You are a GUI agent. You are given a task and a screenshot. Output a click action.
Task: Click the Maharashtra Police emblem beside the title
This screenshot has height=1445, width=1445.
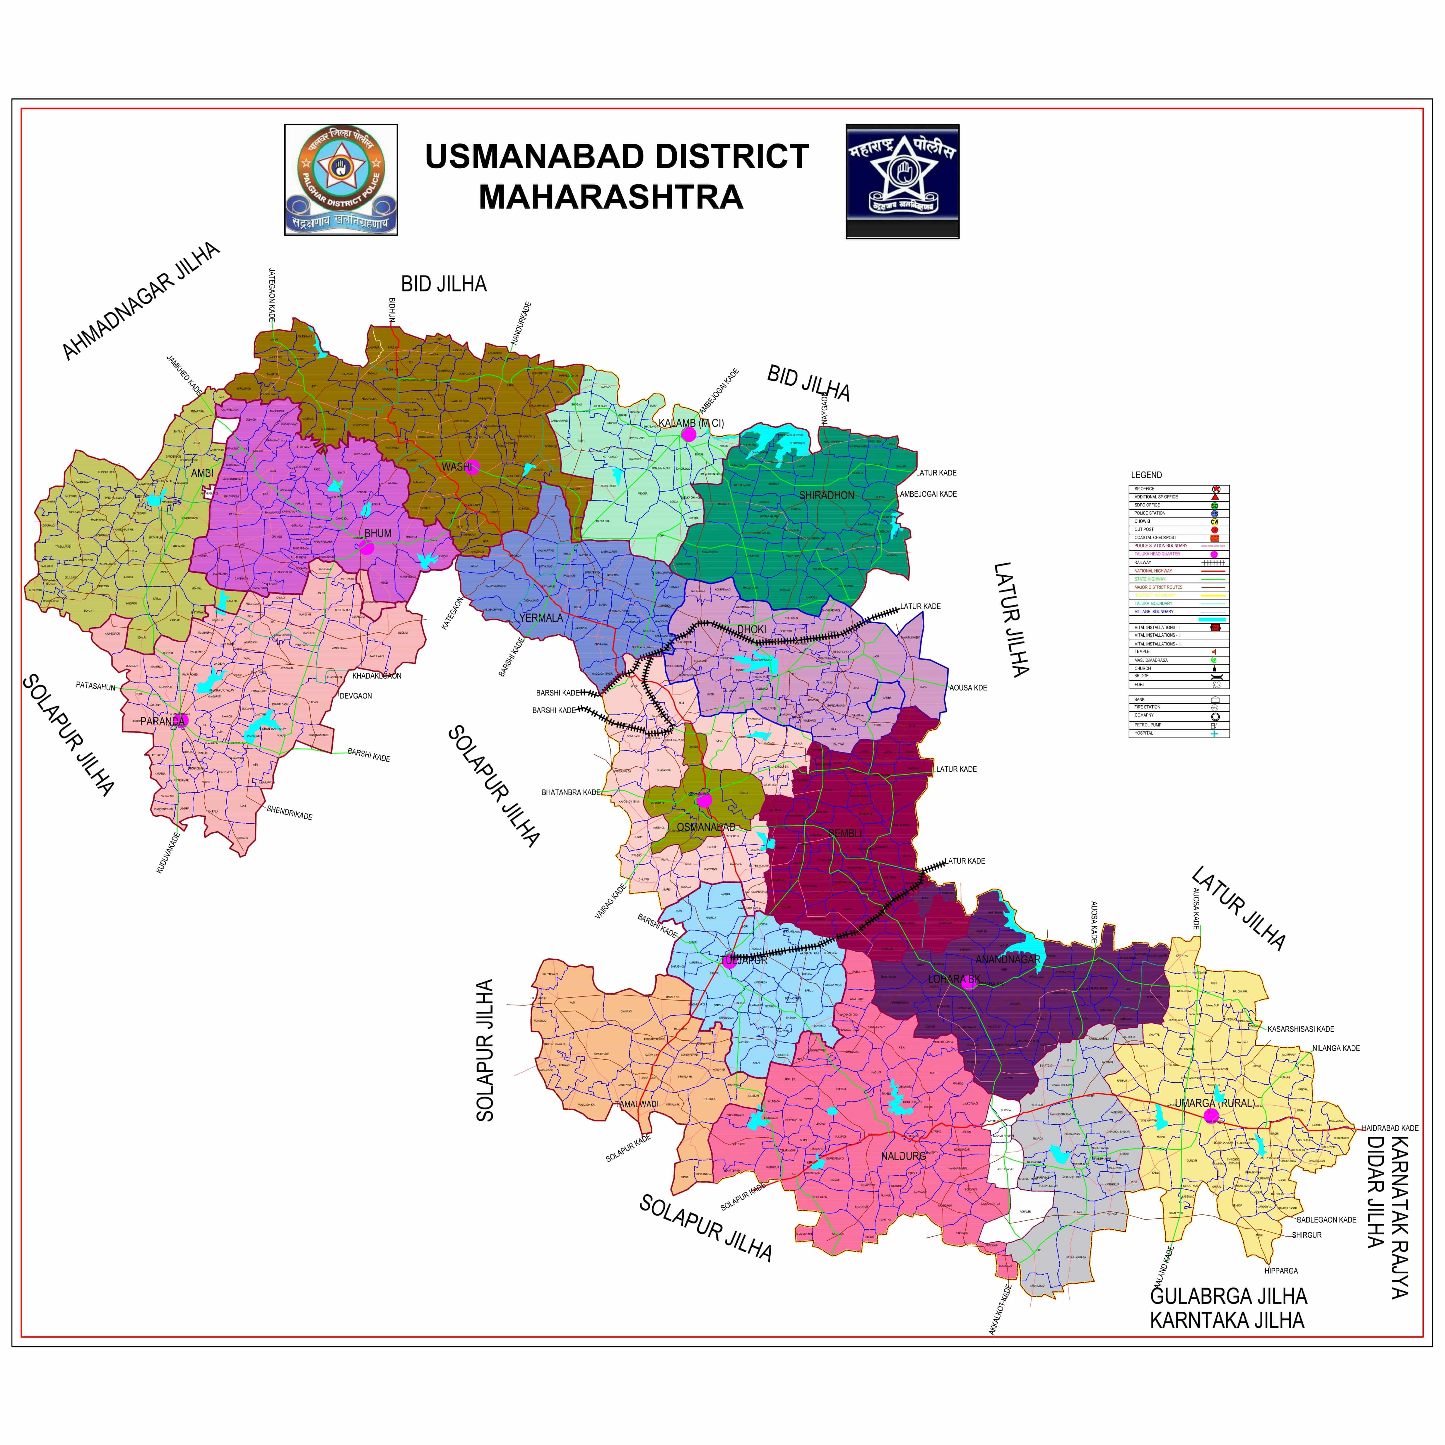[902, 181]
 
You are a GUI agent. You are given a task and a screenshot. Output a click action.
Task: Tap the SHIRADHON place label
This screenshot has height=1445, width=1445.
[826, 495]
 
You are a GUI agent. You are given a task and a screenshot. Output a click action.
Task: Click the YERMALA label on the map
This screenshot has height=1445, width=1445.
[541, 618]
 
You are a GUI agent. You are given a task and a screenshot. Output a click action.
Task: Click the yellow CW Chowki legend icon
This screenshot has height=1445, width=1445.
[1215, 521]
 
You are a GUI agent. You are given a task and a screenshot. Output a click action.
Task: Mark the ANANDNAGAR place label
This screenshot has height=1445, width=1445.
[1008, 959]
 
